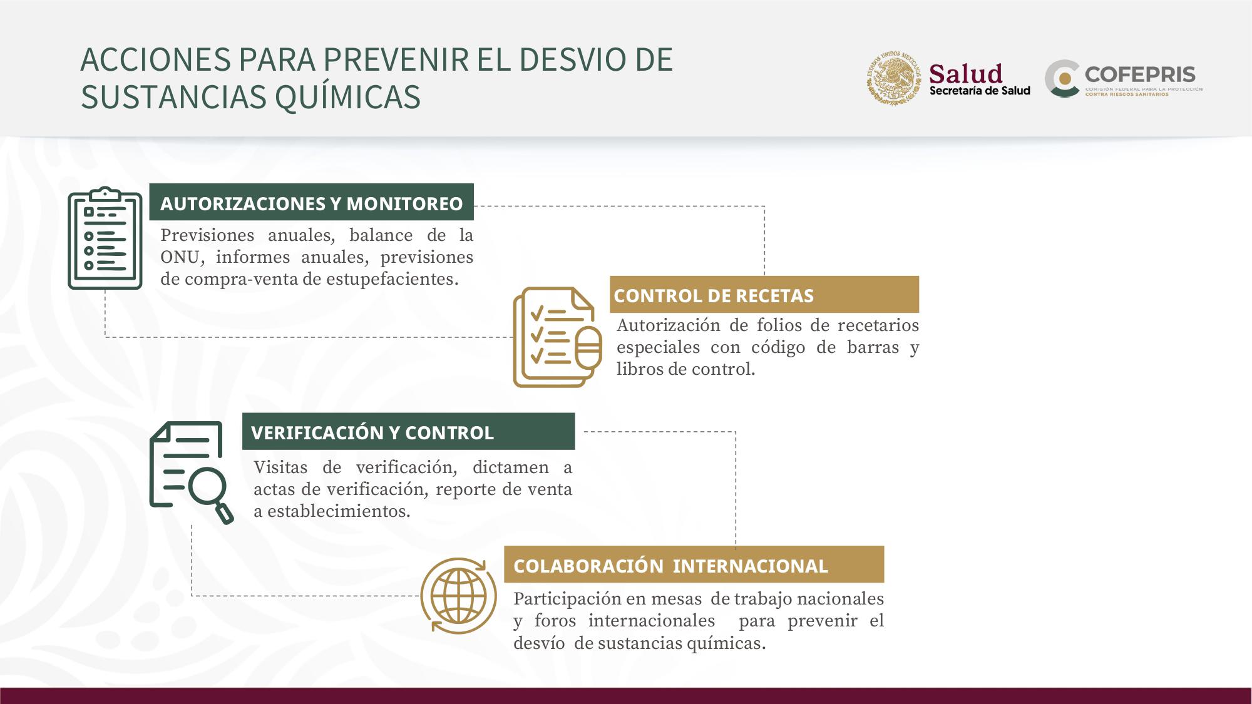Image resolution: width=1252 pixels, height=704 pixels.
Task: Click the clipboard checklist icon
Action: [105, 238]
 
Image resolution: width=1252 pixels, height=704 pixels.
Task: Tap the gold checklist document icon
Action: [557, 337]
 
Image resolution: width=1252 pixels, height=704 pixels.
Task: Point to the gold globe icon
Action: [458, 595]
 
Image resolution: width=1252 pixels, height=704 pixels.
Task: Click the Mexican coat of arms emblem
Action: [894, 78]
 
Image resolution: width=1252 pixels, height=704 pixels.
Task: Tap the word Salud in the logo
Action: [966, 74]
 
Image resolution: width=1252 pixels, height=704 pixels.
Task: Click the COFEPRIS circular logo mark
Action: [1062, 79]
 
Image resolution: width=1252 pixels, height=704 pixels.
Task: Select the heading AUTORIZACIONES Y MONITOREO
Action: [311, 203]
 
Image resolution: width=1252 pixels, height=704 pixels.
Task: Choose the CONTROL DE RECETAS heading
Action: [714, 295]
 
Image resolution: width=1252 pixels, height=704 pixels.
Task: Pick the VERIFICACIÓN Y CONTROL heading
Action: [372, 432]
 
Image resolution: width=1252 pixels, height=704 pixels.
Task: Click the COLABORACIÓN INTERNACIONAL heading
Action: [670, 566]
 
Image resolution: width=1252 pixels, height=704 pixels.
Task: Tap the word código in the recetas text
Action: [778, 347]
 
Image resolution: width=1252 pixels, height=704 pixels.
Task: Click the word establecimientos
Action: [339, 511]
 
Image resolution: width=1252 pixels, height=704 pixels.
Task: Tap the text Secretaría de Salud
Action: [980, 91]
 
